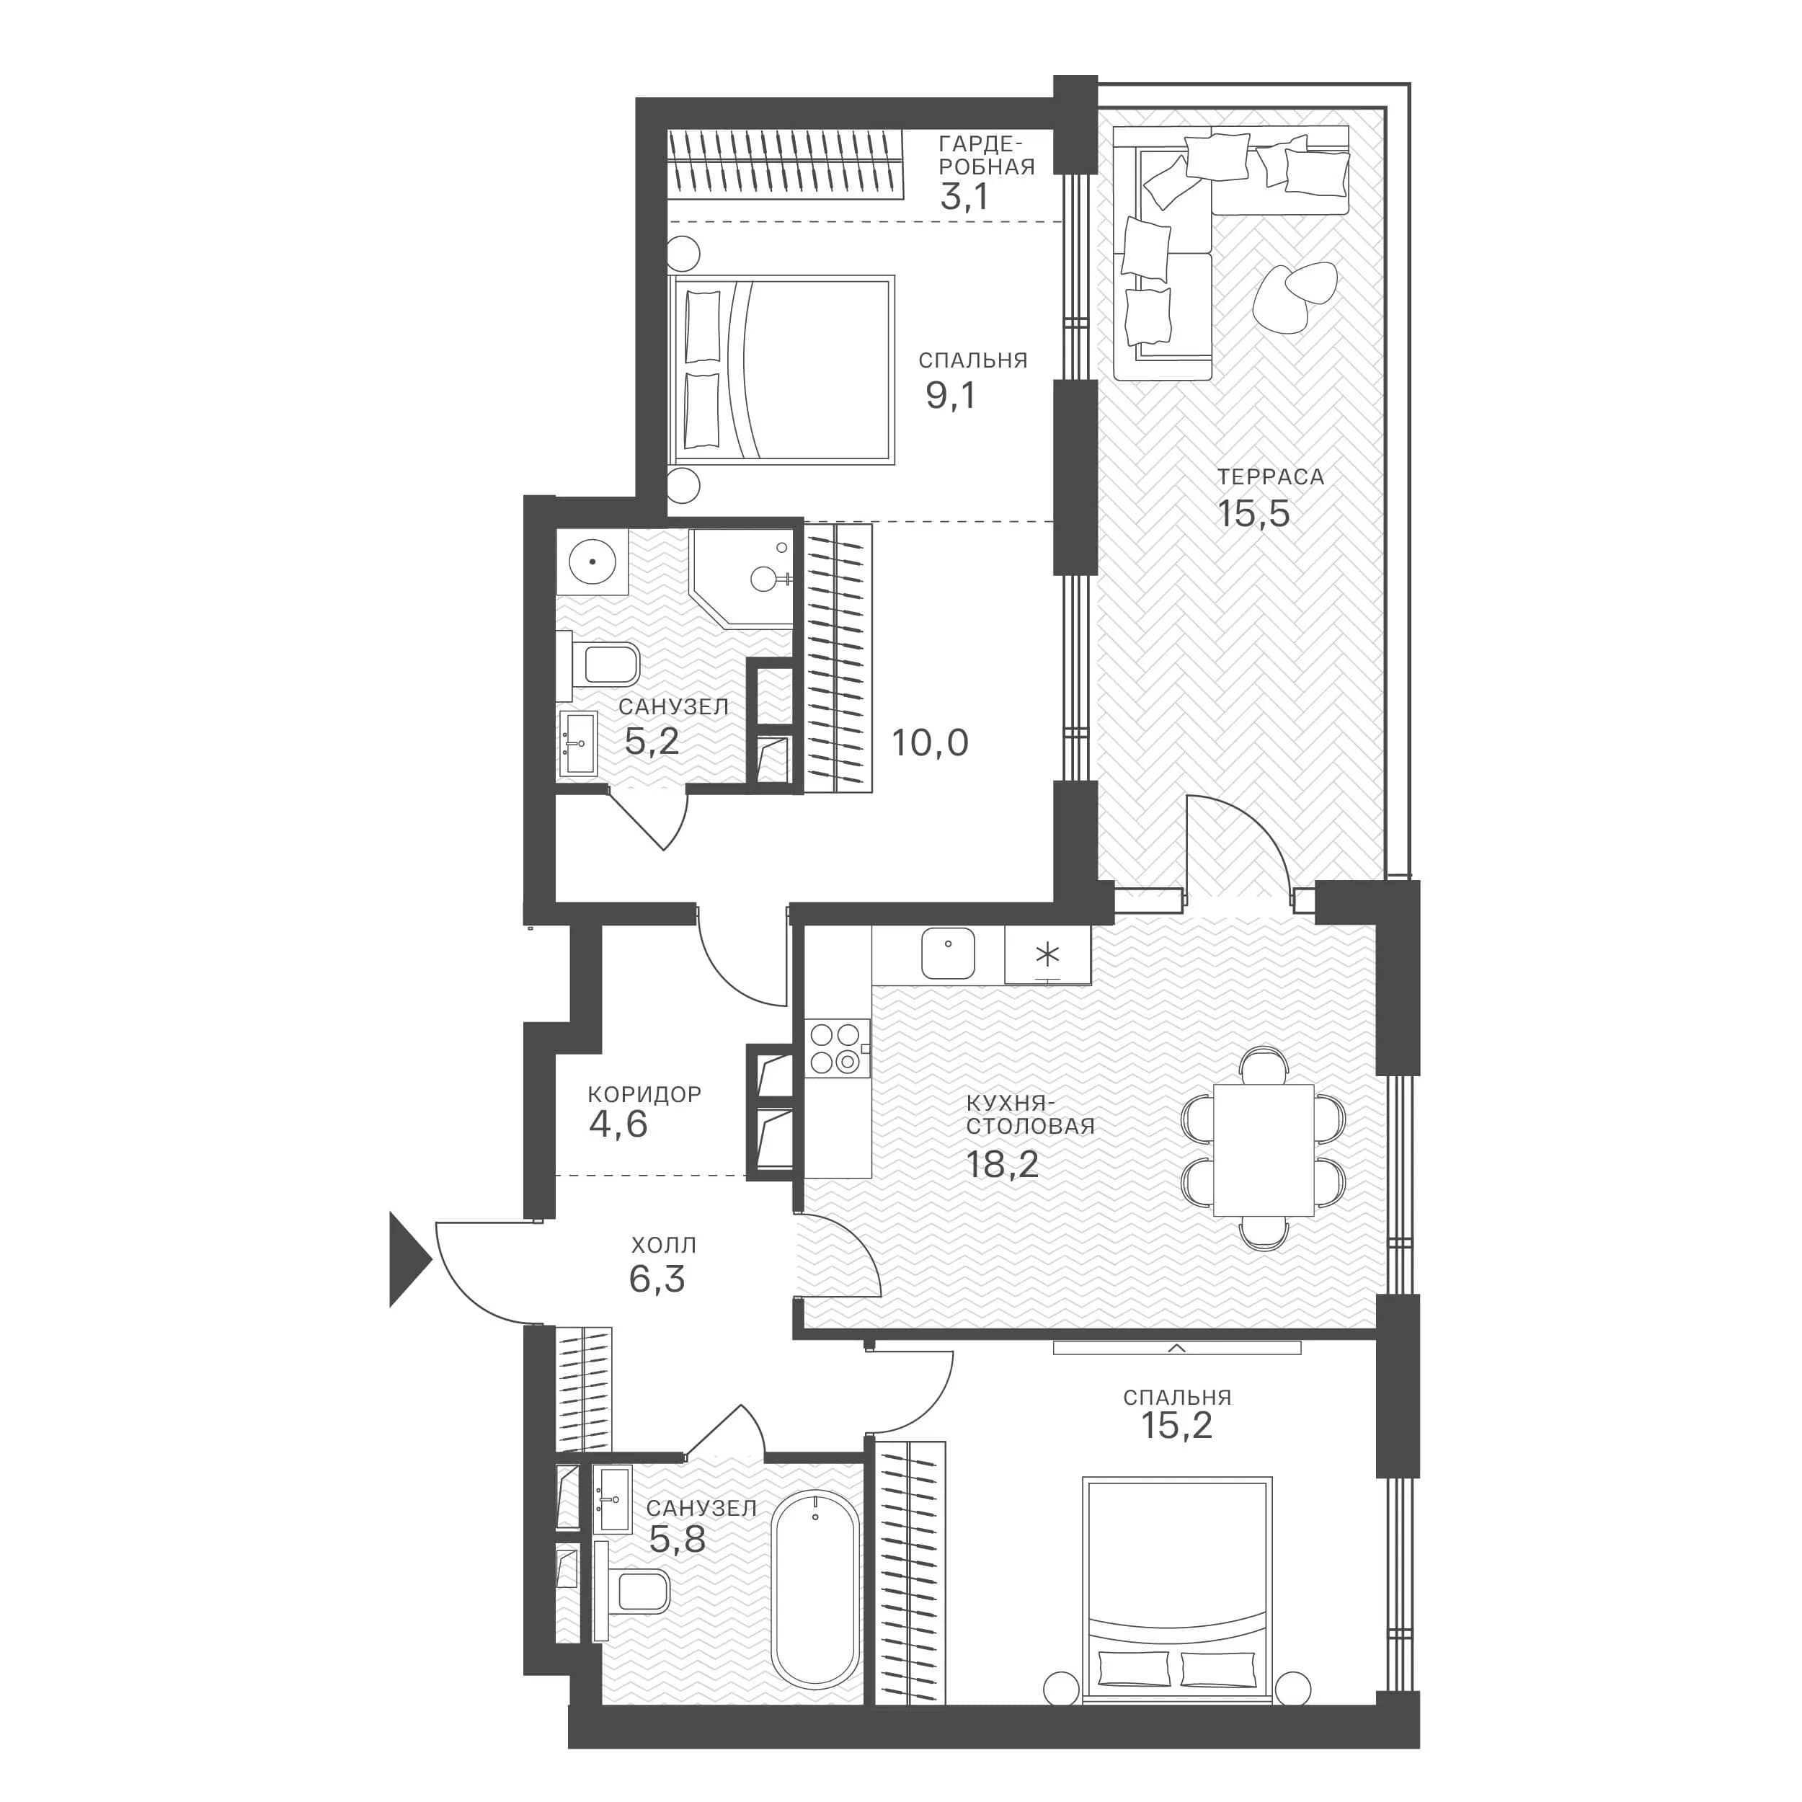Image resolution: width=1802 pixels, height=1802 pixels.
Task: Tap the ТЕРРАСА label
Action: click(1270, 476)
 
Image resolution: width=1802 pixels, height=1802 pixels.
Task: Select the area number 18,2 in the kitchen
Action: click(1003, 1164)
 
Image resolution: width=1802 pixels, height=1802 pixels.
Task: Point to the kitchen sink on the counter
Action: click(948, 953)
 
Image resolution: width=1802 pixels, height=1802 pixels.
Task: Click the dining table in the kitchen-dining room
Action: click(1263, 1150)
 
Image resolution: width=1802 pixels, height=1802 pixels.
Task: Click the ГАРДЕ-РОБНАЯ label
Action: click(987, 155)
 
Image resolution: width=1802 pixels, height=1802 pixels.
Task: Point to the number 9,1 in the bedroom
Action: click(951, 396)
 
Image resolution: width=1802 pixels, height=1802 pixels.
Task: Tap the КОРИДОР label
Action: click(644, 1093)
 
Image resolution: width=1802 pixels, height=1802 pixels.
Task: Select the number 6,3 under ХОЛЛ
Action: click(657, 1279)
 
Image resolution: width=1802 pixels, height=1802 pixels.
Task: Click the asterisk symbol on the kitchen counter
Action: click(1048, 954)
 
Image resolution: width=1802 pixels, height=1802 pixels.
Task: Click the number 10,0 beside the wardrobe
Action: click(930, 742)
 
